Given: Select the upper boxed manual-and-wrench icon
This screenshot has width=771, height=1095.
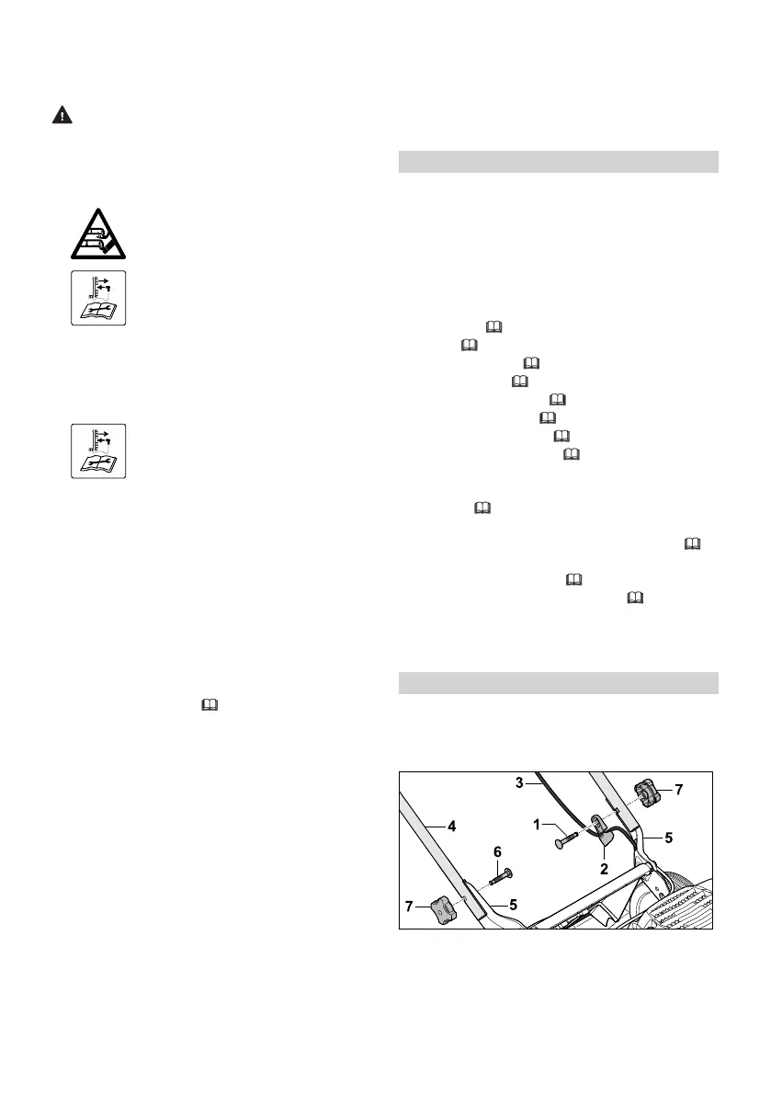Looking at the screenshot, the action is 98,297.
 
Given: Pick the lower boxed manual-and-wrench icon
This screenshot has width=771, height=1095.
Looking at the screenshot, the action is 98,451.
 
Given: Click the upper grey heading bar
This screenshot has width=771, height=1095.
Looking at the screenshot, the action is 559,162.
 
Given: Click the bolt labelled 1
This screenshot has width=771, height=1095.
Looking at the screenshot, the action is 566,838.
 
